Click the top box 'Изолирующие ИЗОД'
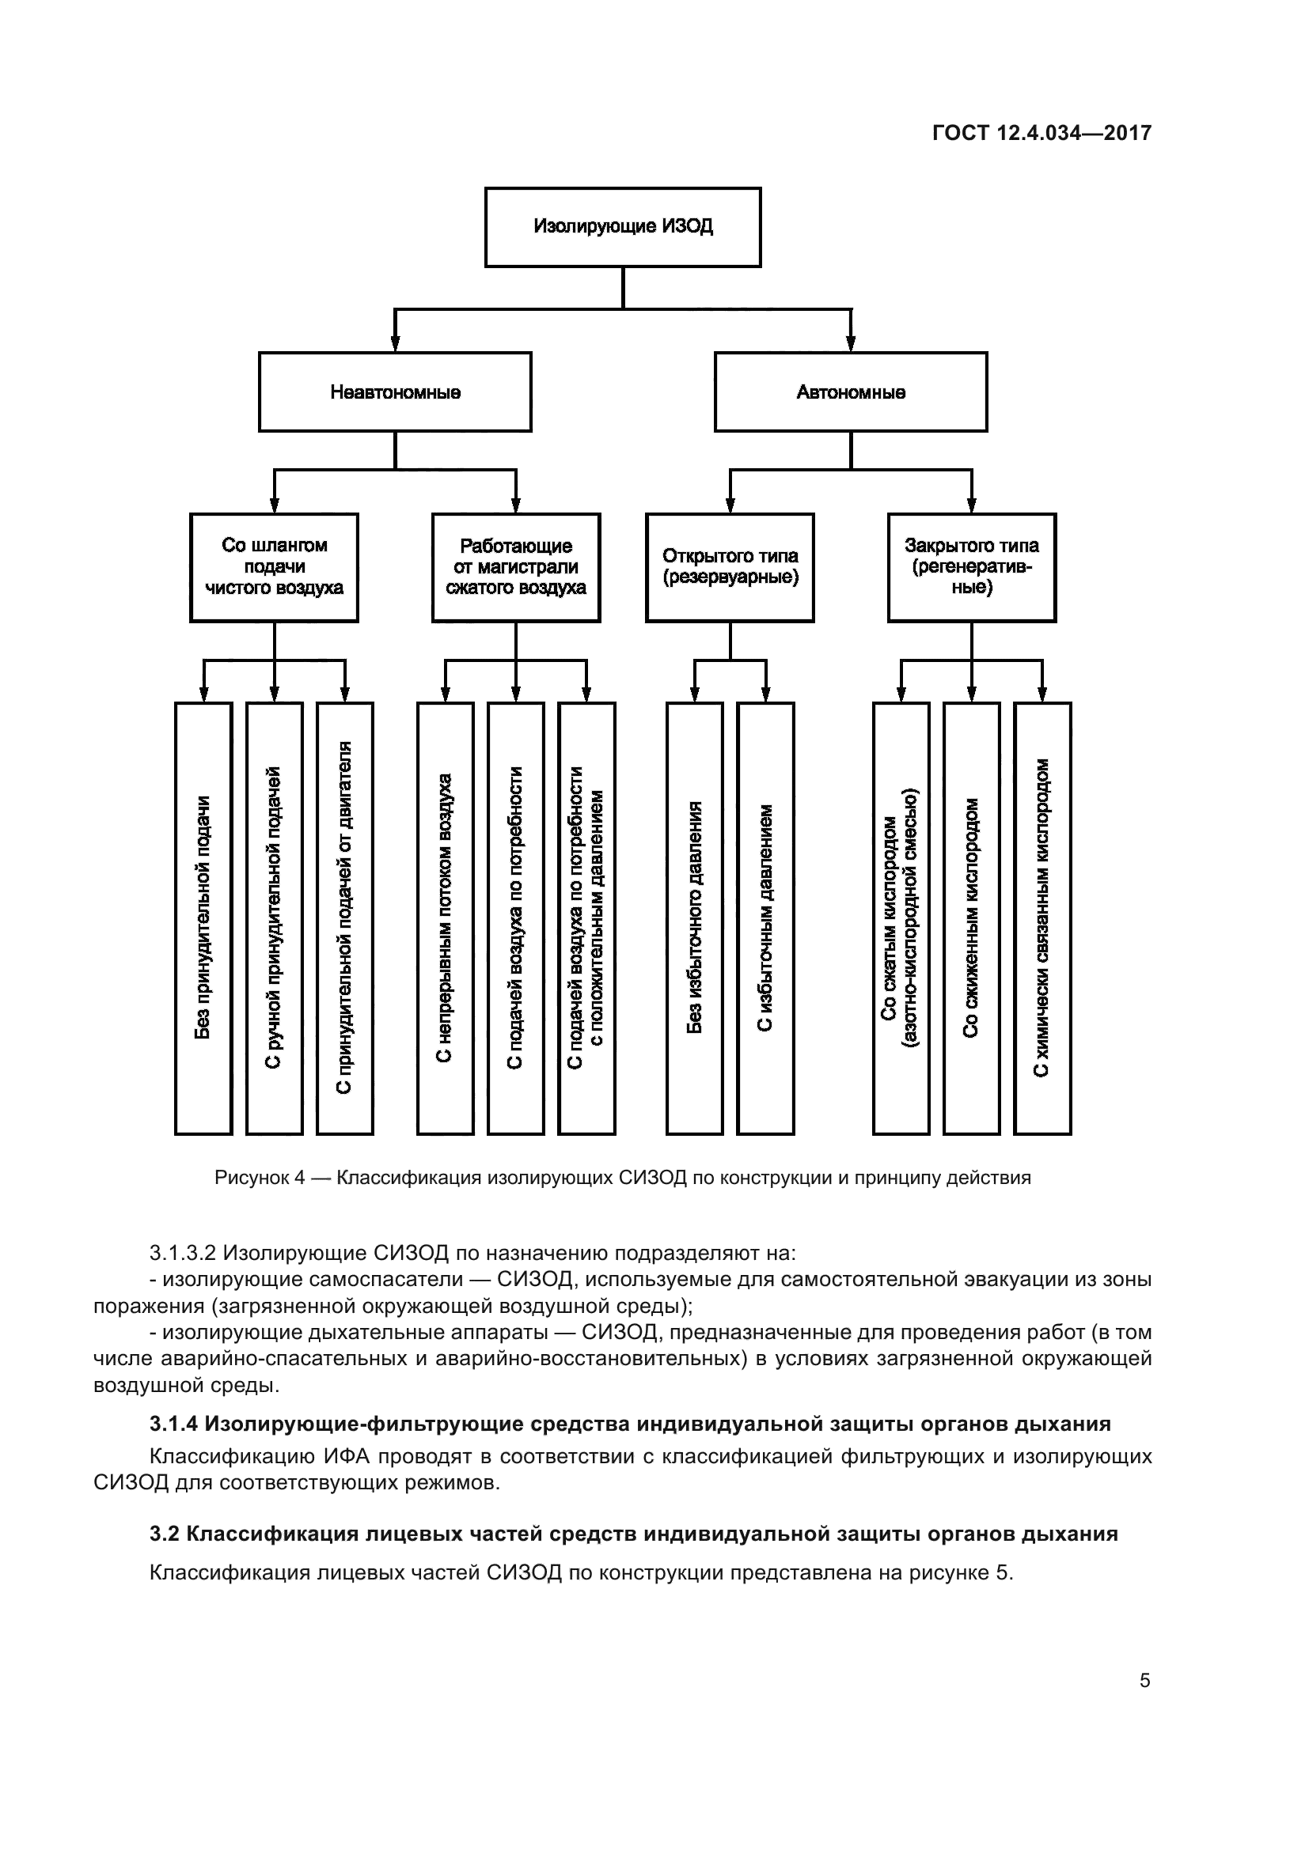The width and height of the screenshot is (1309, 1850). point(622,226)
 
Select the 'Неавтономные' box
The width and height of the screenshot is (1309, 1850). point(395,392)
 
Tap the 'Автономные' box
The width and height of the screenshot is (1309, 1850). point(850,392)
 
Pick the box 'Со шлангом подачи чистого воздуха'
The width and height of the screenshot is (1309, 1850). point(274,567)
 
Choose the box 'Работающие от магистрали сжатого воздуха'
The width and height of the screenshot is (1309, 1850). point(516,567)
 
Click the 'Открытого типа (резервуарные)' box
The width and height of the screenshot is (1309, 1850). point(730,567)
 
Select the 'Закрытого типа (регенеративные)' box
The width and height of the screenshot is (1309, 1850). point(971,567)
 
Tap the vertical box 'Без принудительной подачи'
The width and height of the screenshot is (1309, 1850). point(203,917)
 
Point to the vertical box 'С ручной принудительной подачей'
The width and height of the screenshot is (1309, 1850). point(274,917)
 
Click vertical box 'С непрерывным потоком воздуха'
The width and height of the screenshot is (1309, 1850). point(445,917)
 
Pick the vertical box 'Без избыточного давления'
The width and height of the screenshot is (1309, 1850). point(695,917)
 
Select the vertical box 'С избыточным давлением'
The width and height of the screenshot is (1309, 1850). point(765,917)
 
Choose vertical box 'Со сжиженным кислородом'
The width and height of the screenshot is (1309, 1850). point(971,917)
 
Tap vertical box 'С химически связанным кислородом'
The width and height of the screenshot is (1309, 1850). point(1042,917)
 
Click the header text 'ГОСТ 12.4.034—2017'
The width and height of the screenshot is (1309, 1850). point(1042,133)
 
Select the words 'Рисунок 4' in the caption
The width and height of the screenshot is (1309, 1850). point(260,1177)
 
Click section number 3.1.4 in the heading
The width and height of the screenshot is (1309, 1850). point(173,1424)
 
